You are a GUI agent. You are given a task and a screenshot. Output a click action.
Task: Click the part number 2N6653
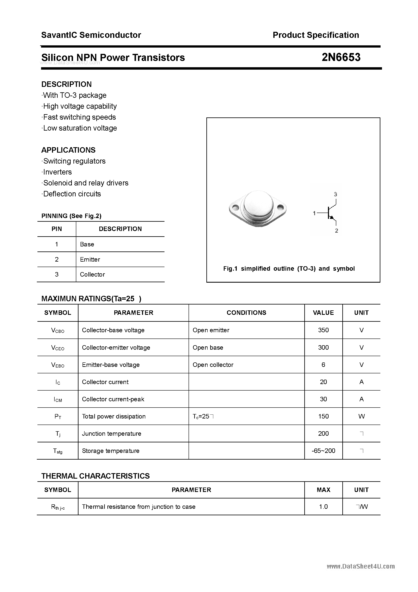(341, 57)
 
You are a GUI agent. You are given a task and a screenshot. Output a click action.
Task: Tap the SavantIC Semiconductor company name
(91, 35)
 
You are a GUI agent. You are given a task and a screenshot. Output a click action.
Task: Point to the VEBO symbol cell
(58, 365)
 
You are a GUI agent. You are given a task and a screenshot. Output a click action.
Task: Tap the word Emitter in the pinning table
(90, 259)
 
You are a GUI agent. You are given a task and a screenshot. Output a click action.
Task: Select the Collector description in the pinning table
(92, 274)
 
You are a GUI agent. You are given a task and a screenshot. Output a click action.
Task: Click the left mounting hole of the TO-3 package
(235, 207)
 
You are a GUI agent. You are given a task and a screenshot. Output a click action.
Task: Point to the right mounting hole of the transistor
(280, 207)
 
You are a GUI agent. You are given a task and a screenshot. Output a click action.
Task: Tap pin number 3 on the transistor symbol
(335, 194)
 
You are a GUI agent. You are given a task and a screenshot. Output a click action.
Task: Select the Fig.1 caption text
(289, 269)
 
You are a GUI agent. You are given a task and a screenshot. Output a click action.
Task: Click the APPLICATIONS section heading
(68, 150)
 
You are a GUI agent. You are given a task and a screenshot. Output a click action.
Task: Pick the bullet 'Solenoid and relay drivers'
(86, 183)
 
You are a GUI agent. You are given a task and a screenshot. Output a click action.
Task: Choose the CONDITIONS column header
(246, 313)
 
